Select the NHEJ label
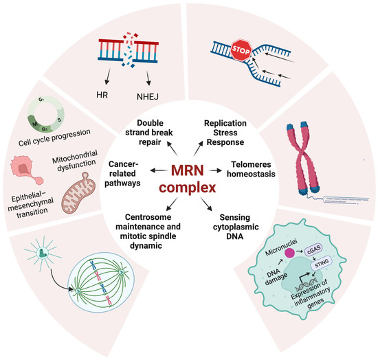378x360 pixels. [x=159, y=89]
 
